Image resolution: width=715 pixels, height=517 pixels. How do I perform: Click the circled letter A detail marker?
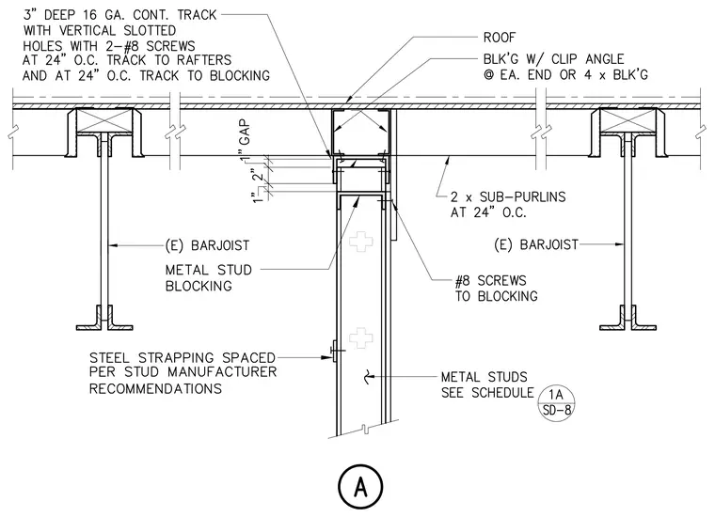(x=360, y=487)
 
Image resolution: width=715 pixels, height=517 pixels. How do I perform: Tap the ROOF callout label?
(x=500, y=38)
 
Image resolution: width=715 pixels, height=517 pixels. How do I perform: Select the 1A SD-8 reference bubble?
(x=557, y=402)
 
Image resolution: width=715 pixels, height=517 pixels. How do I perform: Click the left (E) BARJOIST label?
(x=207, y=245)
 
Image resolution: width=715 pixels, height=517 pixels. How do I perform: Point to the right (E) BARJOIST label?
(x=536, y=244)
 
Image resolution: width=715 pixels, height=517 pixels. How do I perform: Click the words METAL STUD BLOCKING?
(x=209, y=278)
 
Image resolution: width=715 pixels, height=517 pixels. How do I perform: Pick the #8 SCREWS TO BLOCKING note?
(x=496, y=289)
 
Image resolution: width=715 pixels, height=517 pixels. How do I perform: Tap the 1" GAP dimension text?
(x=245, y=140)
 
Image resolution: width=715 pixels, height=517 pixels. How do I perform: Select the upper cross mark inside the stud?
(x=361, y=242)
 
